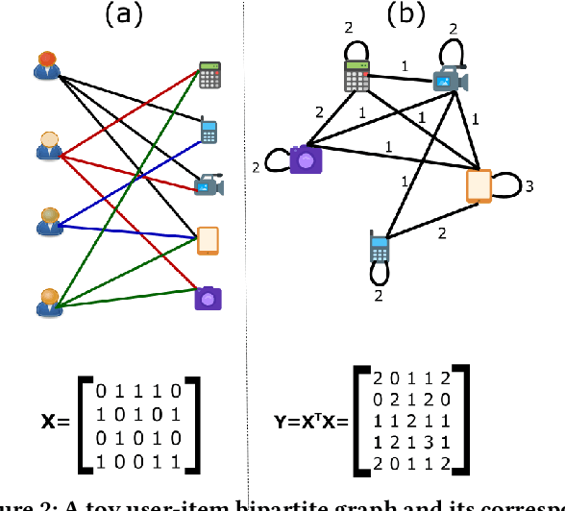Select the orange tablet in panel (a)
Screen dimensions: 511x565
208,240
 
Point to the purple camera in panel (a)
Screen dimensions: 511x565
209,298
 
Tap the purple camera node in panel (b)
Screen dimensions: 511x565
307,158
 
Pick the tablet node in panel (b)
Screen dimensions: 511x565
479,184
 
